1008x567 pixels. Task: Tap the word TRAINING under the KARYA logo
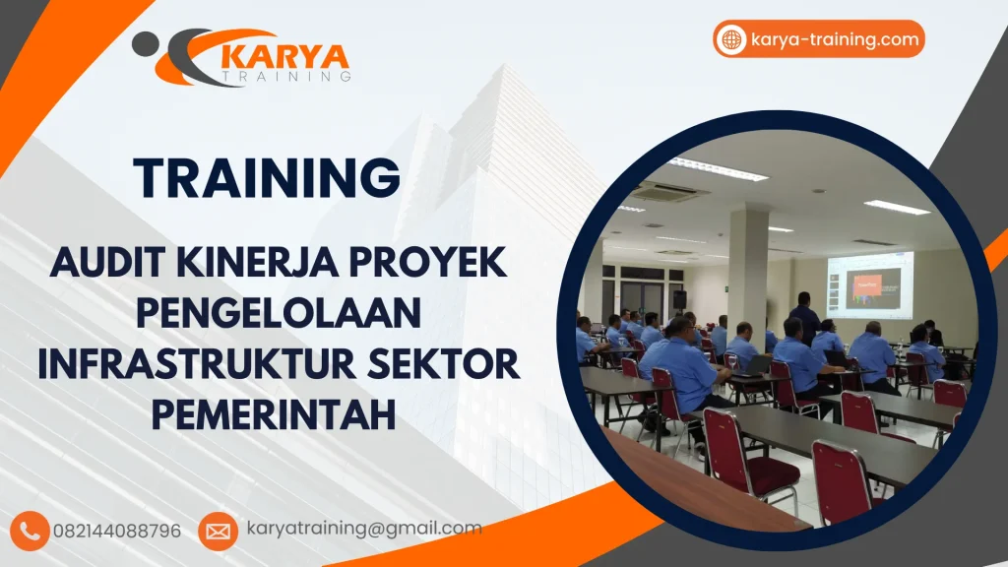tap(287, 76)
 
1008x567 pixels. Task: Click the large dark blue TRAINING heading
tap(268, 178)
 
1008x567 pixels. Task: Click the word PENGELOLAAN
tap(279, 313)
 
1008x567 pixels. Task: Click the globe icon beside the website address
tap(731, 39)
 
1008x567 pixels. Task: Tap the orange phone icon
tap(31, 531)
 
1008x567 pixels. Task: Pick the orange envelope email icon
tap(218, 532)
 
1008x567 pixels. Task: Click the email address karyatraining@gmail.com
tap(363, 529)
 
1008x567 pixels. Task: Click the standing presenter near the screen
tap(804, 316)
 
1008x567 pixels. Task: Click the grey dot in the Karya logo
tap(145, 42)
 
